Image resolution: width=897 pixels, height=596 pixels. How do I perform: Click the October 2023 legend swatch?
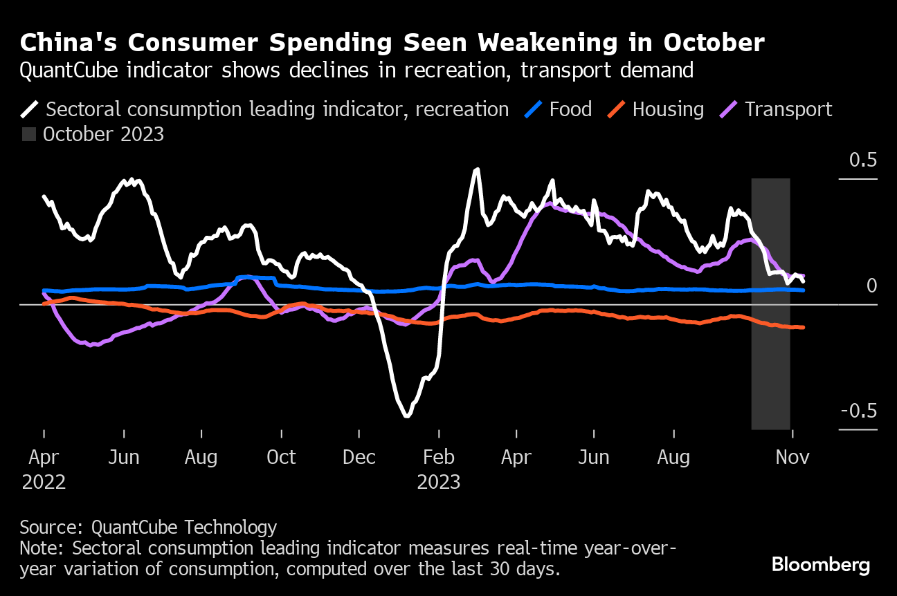tap(28, 134)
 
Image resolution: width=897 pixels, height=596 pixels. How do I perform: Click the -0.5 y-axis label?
tap(858, 411)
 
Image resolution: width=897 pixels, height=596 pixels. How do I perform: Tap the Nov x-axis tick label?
tap(792, 457)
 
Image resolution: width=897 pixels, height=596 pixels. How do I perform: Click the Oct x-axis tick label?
tap(282, 457)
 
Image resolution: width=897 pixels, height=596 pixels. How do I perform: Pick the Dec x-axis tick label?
tap(359, 457)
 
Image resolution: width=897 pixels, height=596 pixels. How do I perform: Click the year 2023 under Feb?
tap(439, 482)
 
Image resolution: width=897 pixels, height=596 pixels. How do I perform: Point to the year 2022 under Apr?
tap(44, 482)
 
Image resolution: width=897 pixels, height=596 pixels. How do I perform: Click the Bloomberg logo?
tap(821, 565)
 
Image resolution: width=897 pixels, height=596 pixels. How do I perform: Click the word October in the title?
tap(714, 44)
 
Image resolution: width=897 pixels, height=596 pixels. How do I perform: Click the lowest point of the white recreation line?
tap(407, 416)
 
